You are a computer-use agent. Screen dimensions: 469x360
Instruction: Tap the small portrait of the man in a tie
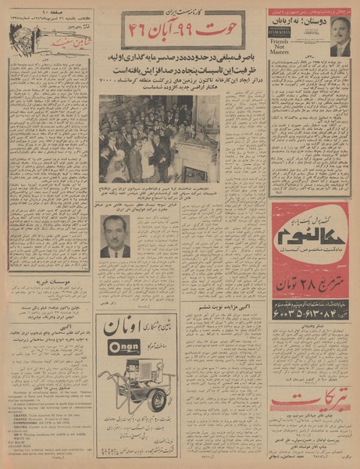116,236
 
